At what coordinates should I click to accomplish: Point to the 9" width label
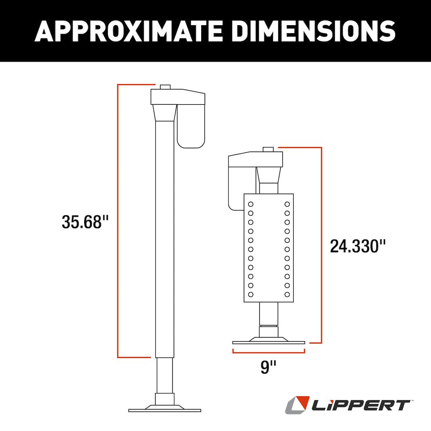click(269, 367)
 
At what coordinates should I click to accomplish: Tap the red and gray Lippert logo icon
click(297, 405)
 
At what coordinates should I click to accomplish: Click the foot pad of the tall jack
click(164, 409)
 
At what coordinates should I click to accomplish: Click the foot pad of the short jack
click(269, 342)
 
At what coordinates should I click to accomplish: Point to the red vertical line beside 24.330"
click(321, 245)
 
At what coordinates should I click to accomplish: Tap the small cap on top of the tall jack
click(165, 87)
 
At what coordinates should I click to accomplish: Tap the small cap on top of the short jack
click(269, 149)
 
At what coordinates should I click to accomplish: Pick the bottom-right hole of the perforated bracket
click(287, 295)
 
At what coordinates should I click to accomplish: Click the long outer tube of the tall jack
click(164, 239)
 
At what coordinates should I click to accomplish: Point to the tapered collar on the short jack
click(268, 175)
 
